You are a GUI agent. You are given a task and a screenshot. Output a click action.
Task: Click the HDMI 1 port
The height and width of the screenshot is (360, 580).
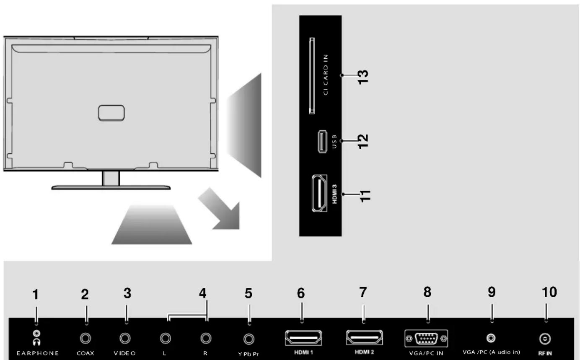pos(303,338)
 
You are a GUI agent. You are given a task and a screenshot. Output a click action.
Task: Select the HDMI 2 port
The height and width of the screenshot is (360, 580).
pos(364,337)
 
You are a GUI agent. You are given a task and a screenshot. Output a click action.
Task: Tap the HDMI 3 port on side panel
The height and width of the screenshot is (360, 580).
pos(319,193)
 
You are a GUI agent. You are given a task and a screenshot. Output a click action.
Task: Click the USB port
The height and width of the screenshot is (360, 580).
pos(322,141)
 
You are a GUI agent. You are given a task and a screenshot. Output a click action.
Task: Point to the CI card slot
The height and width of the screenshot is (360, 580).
pos(312,75)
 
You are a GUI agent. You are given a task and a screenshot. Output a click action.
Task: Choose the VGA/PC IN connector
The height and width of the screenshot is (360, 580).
pos(426,339)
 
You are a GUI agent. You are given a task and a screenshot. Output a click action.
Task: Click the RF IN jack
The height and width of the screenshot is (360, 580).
pos(545,339)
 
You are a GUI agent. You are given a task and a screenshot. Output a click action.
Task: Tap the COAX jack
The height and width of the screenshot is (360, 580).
pos(85,338)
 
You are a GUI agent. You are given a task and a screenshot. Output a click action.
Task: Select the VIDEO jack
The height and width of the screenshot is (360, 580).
pos(125,338)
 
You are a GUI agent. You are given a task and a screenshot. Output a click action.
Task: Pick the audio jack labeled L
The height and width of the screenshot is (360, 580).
pos(166,338)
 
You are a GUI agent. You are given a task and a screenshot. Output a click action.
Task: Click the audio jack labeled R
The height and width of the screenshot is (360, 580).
pos(206,338)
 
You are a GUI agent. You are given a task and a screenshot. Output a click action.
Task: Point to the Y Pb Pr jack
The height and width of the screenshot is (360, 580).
pos(249,339)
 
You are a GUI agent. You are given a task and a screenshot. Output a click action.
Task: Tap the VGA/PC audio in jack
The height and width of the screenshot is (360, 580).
pos(491,338)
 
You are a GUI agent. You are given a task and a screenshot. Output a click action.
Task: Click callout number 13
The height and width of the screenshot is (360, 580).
pos(363,77)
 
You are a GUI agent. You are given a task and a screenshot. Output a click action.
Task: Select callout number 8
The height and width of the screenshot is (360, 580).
pos(427,292)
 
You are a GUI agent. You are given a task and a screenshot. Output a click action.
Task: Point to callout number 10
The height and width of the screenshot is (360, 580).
pos(549,292)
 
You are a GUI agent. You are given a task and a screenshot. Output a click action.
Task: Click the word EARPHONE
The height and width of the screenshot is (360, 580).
pos(38,353)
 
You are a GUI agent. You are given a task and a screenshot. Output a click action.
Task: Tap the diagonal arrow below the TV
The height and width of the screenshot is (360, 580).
pos(219,209)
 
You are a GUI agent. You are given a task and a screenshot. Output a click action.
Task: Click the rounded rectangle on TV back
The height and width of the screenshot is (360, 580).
pos(111,113)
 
